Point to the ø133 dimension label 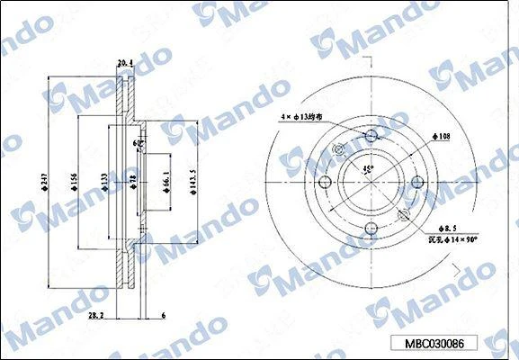tap(104, 184)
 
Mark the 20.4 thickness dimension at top tap(125, 63)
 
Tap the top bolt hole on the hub tap(371, 137)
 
